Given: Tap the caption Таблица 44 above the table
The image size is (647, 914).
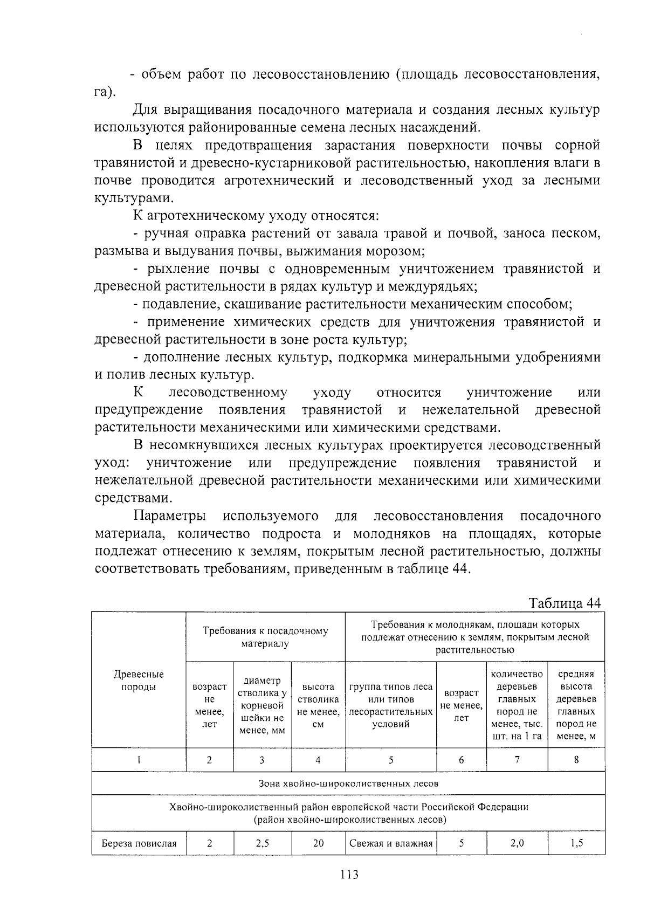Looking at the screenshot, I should coord(565,602).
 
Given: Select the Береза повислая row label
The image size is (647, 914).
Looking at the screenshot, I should coord(139,843).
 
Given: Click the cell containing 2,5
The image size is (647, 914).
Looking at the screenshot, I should coord(262,843).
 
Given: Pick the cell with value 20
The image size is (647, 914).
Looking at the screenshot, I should coord(318,843).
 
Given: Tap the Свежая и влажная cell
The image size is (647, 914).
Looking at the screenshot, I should coord(390,843).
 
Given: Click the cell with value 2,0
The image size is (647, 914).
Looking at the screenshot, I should coord(517,843).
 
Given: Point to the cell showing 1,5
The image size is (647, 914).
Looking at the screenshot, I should coord(576,843).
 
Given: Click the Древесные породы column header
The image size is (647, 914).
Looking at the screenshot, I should coord(139,681).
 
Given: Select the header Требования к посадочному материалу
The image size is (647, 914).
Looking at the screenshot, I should coord(265,637).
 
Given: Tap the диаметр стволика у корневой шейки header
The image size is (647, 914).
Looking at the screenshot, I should coord(262,705).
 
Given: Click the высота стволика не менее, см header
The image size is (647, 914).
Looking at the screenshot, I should coord(318,705).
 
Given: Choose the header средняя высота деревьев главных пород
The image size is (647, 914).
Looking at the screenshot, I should coord(576,705).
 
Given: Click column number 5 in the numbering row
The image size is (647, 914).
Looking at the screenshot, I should coord(390,760).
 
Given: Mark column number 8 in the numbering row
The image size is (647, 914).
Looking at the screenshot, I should coord(576,760).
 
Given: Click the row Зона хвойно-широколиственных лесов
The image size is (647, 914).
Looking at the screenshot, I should coord(348,784).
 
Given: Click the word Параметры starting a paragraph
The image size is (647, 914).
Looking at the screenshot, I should coord(169,516).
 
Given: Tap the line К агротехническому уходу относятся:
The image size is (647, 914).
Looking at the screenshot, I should coord(256,216).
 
